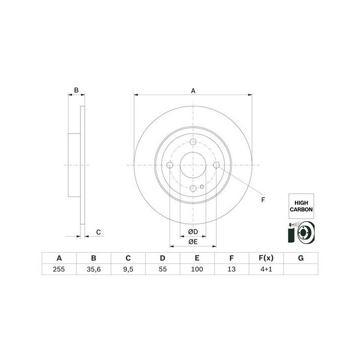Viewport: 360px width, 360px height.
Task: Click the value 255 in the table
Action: (x=59, y=269)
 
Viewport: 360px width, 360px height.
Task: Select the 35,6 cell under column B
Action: (x=93, y=269)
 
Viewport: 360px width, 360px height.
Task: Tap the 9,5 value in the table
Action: (x=128, y=269)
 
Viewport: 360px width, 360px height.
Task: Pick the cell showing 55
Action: (x=162, y=269)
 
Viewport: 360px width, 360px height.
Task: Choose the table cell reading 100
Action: (x=197, y=269)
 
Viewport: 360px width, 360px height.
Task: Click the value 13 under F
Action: (x=231, y=269)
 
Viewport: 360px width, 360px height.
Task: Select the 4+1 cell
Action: (x=266, y=269)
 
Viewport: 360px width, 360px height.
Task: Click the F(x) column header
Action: (x=266, y=258)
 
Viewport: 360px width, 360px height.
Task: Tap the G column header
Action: (x=301, y=258)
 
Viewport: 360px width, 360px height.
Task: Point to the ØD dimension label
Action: (x=193, y=232)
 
